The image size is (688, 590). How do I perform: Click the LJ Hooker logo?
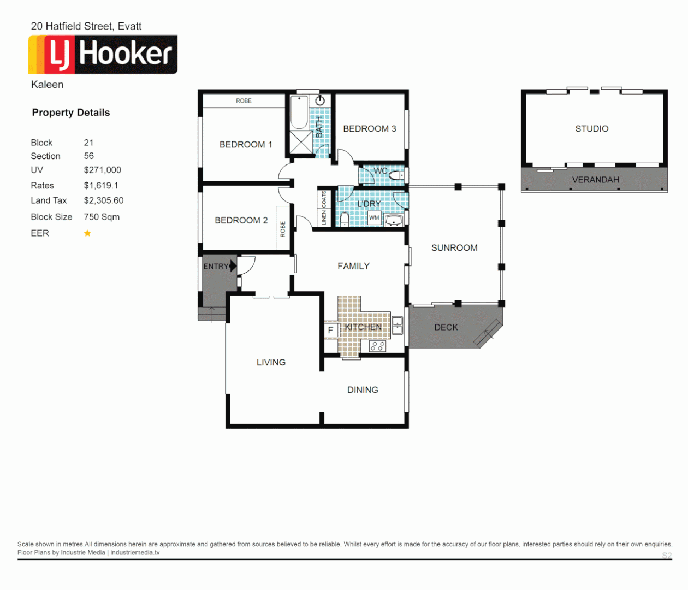[x=103, y=55]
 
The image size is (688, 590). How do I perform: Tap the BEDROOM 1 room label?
[x=245, y=145]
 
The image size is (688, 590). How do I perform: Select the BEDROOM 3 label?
[x=369, y=129]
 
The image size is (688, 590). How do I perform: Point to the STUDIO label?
[x=591, y=129]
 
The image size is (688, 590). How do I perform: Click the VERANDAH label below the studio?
[x=595, y=180]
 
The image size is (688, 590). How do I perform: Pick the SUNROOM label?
[x=454, y=248]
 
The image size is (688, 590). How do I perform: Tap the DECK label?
[x=446, y=327]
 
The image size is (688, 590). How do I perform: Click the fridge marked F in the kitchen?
[x=330, y=330]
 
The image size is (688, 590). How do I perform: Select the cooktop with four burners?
[x=377, y=346]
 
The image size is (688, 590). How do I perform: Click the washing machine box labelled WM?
[x=374, y=217]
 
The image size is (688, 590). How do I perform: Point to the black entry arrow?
[x=233, y=266]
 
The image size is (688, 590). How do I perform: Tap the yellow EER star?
[x=87, y=233]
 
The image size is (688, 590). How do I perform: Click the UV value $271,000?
[x=103, y=170]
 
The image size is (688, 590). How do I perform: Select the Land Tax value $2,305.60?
[x=104, y=200]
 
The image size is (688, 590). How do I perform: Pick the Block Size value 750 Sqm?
[x=102, y=217]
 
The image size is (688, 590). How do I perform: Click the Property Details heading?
[x=71, y=113]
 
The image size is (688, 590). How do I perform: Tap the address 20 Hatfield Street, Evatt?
[x=86, y=26]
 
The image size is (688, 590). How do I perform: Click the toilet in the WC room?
[x=396, y=176]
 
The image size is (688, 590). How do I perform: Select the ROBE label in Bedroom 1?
[x=244, y=101]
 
